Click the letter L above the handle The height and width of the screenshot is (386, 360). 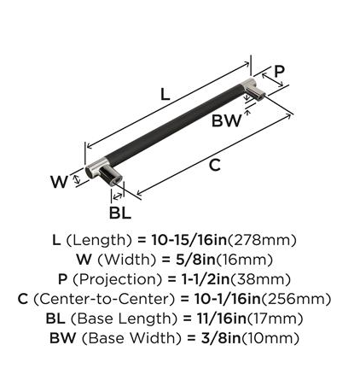pyautogui.click(x=165, y=94)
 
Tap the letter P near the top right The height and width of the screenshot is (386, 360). pyautogui.click(x=279, y=72)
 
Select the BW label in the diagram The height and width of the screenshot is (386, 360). pyautogui.click(x=226, y=120)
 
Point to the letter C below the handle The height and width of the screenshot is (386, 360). pyautogui.click(x=215, y=165)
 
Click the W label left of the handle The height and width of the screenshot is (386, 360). pyautogui.click(x=59, y=182)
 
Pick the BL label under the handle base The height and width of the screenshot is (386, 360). pyautogui.click(x=120, y=213)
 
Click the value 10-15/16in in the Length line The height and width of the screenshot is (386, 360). pyautogui.click(x=189, y=240)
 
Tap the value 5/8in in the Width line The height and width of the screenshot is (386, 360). pyautogui.click(x=195, y=260)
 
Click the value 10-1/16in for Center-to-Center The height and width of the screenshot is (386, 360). pyautogui.click(x=228, y=299)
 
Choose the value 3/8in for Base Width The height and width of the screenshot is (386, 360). pyautogui.click(x=221, y=338)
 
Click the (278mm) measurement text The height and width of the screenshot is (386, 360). pyautogui.click(x=262, y=240)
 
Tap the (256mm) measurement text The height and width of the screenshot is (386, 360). pyautogui.click(x=296, y=299)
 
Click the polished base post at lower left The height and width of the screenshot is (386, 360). pyautogui.click(x=111, y=176)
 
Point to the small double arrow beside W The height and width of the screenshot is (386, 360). pyautogui.click(x=76, y=178)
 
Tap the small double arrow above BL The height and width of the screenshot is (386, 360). pyautogui.click(x=118, y=196)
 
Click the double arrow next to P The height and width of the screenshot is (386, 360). pyautogui.click(x=273, y=80)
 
